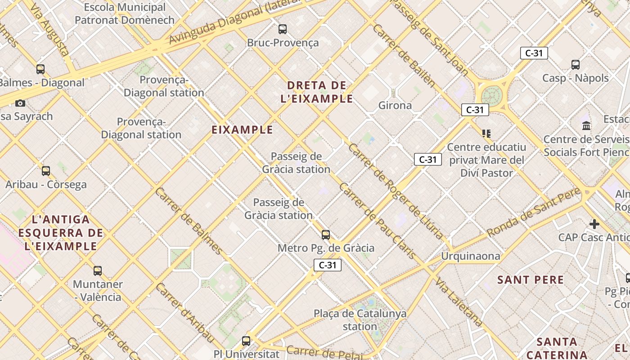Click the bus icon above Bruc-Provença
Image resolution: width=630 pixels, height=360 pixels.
283,29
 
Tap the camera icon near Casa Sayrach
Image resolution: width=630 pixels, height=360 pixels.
20,103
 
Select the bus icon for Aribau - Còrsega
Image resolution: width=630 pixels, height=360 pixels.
45,171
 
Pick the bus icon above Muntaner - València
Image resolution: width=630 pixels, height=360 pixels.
98,271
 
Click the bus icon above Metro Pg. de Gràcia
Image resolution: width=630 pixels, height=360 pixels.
326,234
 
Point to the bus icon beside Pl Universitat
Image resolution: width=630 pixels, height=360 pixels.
246,341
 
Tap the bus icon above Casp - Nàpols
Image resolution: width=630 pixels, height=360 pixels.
576,65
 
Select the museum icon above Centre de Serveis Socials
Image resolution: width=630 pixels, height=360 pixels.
586,126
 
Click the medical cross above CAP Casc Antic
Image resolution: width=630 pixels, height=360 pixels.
594,224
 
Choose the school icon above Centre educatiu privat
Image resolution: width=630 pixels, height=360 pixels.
486,134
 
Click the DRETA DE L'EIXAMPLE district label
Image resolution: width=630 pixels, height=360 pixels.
317,92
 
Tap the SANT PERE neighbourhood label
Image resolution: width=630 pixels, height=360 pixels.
531,280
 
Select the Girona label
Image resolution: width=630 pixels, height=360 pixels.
395,105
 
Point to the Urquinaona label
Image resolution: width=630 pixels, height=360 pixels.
471,256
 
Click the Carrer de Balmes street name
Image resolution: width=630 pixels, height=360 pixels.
189,220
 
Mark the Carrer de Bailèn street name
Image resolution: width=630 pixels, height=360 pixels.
404,55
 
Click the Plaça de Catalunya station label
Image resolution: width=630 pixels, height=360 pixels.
360,320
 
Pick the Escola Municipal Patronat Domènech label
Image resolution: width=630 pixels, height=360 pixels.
125,13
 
